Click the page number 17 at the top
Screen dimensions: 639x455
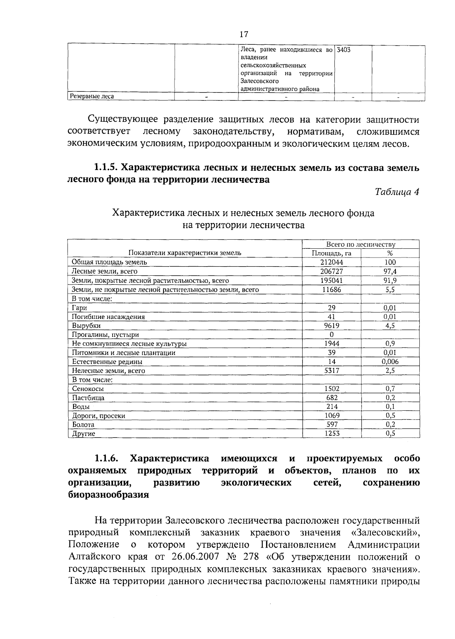click(x=244, y=34)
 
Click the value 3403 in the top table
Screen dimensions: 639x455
click(x=344, y=50)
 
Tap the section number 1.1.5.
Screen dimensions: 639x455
click(x=107, y=168)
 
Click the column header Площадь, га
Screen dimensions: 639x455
click(x=331, y=253)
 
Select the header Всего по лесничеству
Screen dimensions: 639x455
click(x=361, y=245)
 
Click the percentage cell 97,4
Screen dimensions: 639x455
click(x=390, y=271)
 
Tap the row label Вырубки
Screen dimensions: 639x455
click(x=86, y=326)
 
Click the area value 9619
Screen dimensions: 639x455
click(x=332, y=326)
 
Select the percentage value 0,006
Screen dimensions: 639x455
click(x=390, y=362)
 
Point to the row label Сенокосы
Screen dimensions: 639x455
click(x=88, y=389)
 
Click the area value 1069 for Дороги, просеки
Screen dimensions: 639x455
click(x=332, y=416)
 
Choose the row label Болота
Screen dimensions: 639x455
click(x=83, y=425)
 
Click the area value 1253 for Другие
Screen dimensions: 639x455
click(x=332, y=433)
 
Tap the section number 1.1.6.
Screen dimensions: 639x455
click(x=107, y=458)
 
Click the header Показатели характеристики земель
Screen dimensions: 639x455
click(x=185, y=253)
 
